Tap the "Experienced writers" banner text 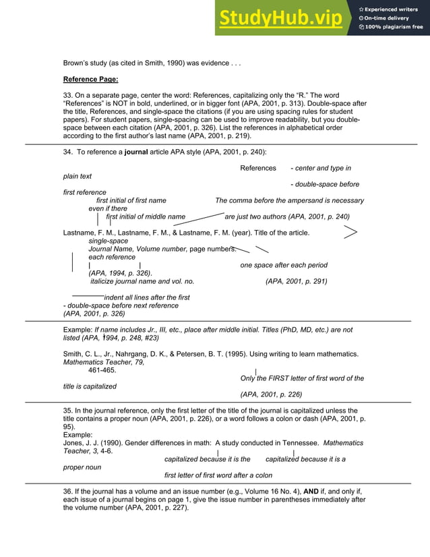click(392, 9)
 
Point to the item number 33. click(67, 95)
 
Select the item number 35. click(67, 411)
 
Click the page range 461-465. click(102, 370)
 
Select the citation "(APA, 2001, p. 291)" click(297, 281)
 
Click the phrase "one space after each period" click(284, 265)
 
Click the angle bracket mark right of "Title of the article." click(350, 233)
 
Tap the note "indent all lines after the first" click(146, 297)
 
